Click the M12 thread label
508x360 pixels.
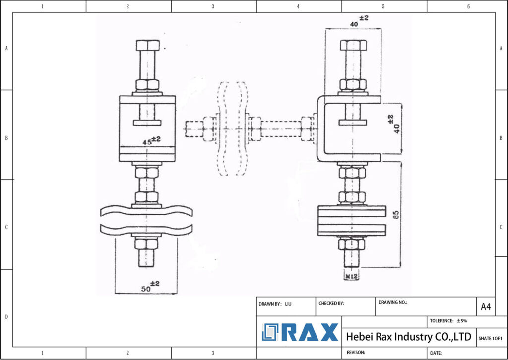[x=352, y=275]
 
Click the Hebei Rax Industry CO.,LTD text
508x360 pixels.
[x=408, y=337]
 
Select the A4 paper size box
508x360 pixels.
[x=486, y=307]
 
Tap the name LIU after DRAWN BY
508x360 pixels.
[x=288, y=303]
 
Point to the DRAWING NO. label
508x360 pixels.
[x=392, y=302]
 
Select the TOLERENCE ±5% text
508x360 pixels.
[x=448, y=321]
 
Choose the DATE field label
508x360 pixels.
[x=436, y=353]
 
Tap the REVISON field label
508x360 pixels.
[x=356, y=352]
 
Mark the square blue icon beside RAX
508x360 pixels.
[x=271, y=332]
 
